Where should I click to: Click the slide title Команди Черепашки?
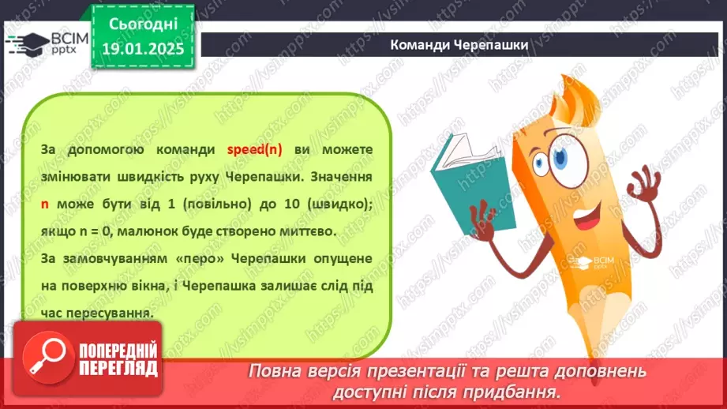pos(459,44)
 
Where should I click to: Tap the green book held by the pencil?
pos(458,174)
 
